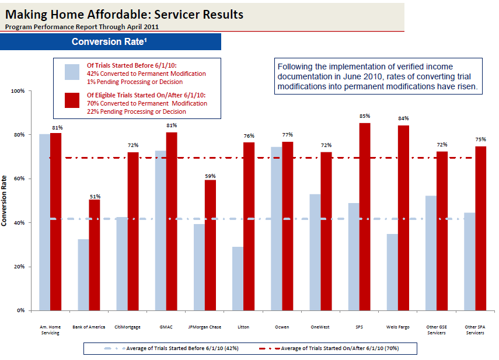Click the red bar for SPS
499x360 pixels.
point(365,216)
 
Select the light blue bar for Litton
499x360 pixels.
point(238,278)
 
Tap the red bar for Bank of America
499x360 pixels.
point(95,254)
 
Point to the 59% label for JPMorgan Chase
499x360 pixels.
point(210,176)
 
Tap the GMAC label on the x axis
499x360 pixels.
point(166,327)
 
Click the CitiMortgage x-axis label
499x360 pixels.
point(127,327)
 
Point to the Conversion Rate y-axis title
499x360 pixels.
point(5,201)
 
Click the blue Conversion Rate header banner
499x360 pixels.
point(111,42)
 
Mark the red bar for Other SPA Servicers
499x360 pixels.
point(481,228)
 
